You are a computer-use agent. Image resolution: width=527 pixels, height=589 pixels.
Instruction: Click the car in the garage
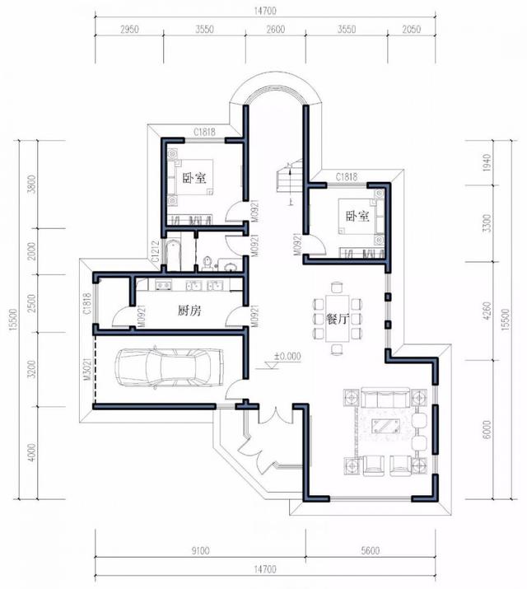coord(170,367)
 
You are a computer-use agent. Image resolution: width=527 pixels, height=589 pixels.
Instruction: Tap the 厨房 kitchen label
coord(189,311)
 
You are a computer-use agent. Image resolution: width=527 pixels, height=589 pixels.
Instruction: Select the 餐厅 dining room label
coord(338,319)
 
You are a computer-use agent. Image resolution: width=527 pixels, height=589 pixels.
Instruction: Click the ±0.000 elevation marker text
coord(287,356)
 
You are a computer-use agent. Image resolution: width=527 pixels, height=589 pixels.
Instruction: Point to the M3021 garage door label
coord(87,369)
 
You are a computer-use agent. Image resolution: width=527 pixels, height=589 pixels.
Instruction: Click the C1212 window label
coord(155,251)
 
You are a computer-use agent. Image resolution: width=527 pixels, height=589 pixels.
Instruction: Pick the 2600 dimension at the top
coord(276,29)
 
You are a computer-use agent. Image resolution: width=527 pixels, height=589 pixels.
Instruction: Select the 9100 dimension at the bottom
coord(200,550)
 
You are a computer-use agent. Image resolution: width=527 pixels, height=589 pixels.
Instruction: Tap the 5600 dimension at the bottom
coord(371,550)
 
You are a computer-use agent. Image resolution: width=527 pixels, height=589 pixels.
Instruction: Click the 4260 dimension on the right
coord(487,311)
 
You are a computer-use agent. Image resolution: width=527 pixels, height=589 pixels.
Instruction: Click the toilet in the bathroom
coord(207,263)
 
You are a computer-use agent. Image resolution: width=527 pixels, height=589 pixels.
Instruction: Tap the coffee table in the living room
coord(385,426)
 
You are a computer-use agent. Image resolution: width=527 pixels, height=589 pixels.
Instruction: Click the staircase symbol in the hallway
coord(290,176)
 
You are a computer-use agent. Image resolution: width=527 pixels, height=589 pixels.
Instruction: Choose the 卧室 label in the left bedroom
coord(194,178)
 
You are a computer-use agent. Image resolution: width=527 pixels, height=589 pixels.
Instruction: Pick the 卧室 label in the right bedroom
coord(357,216)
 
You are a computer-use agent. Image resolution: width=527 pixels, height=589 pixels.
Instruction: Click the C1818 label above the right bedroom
coord(347,176)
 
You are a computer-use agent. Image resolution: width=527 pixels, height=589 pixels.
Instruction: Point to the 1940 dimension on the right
coord(487,162)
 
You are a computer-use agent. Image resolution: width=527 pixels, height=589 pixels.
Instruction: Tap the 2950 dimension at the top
coord(129,29)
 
